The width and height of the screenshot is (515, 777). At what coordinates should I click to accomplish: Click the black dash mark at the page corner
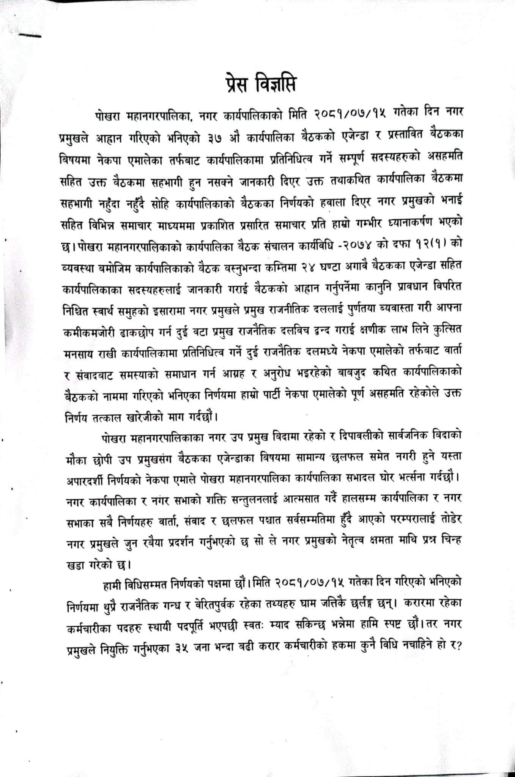pos(29,36)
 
